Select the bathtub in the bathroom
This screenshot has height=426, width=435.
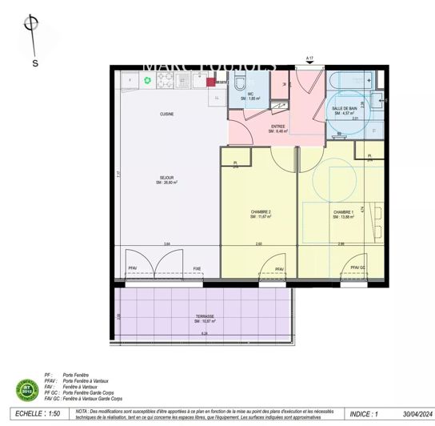click(349, 81)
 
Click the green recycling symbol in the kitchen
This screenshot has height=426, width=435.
click(147, 80)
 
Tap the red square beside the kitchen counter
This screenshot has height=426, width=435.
click(210, 81)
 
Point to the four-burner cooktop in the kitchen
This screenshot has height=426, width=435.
click(166, 79)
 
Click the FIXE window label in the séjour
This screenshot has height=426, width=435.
click(197, 268)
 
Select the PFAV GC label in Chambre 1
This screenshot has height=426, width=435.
click(357, 268)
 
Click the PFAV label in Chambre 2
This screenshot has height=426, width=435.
click(279, 268)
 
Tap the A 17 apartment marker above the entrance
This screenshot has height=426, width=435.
click(309, 58)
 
